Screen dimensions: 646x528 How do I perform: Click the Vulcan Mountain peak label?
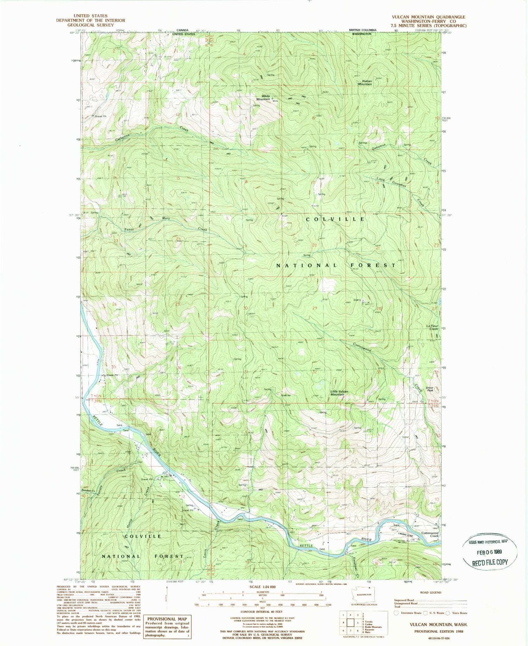[x=365, y=83]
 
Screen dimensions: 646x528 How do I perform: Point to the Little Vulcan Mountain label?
[x=339, y=393]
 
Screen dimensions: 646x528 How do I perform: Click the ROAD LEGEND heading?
[x=430, y=592]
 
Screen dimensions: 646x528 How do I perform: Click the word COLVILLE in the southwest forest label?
[x=140, y=536]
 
